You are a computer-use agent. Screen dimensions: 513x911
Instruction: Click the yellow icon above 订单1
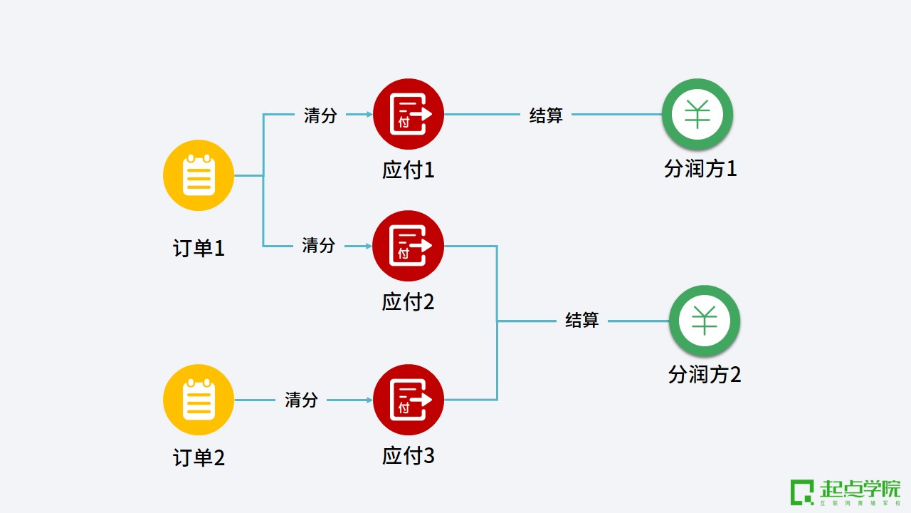[199, 175]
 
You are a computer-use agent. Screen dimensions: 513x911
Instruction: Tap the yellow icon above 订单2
[199, 400]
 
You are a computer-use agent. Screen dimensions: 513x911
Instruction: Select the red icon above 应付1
[409, 114]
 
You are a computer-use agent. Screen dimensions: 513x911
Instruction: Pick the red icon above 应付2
[409, 246]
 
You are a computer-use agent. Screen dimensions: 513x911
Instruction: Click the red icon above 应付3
[409, 400]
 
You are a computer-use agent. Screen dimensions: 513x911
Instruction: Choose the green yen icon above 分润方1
[697, 114]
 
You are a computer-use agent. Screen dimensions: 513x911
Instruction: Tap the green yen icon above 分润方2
[705, 321]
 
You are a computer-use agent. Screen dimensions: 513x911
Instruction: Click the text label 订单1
[199, 249]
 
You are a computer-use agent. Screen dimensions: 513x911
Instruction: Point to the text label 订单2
[199, 457]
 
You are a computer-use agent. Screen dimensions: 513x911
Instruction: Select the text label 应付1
[409, 170]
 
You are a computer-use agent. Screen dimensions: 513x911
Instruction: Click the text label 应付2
[409, 301]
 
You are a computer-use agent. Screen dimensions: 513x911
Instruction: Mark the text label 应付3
[409, 456]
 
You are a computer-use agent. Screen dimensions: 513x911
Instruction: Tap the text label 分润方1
[700, 169]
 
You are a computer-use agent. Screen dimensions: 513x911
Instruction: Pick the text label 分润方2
[705, 374]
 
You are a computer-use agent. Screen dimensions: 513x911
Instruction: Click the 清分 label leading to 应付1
[320, 115]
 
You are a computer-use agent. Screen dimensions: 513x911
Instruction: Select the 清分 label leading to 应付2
[318, 246]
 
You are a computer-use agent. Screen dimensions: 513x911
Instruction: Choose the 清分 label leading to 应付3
[301, 400]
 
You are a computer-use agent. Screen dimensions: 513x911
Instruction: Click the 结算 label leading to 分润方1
[546, 115]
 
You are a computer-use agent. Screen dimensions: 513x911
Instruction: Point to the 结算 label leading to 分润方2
[582, 321]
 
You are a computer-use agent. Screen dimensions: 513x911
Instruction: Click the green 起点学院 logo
[846, 492]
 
